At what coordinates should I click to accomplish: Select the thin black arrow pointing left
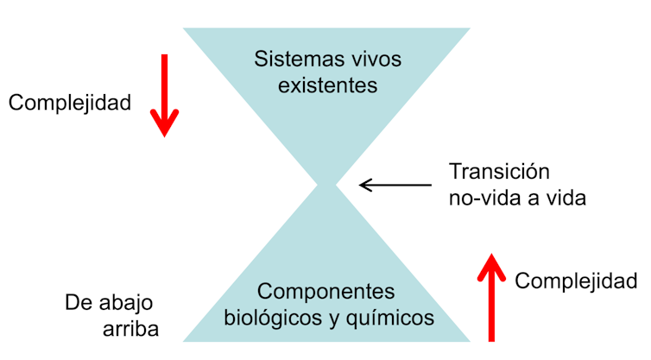coord(395,184)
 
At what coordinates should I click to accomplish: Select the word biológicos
coord(269,318)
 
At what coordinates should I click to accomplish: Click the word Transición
coord(500,171)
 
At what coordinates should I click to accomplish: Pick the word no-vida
coord(480,198)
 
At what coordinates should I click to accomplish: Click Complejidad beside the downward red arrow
coord(69,103)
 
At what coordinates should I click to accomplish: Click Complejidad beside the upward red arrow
coord(576,281)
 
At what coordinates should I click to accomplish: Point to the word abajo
coord(125,303)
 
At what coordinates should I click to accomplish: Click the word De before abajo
coord(79,303)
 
